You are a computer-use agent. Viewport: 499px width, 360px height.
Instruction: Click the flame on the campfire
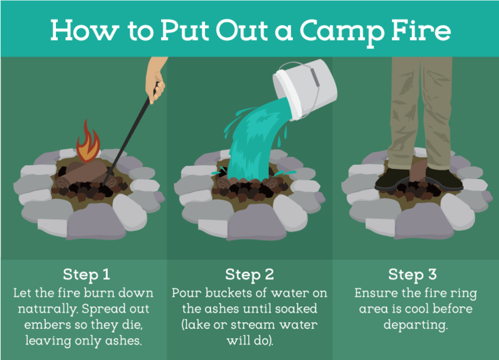(88, 142)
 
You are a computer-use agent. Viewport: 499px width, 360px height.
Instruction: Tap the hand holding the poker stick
(156, 81)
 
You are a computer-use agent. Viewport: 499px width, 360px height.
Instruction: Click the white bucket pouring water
(304, 90)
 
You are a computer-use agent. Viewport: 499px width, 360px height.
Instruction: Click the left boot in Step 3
(392, 180)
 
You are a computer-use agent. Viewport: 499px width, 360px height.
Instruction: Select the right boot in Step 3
(444, 179)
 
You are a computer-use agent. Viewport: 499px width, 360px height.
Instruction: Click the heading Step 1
(86, 275)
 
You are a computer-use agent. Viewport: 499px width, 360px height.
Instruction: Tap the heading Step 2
(249, 275)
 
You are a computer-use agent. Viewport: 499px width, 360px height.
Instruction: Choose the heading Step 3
(413, 275)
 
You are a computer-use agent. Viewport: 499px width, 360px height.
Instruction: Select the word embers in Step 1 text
(43, 325)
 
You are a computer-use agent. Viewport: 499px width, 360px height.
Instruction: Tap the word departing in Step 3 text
(415, 325)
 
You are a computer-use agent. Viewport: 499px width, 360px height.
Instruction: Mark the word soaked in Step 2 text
(296, 309)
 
